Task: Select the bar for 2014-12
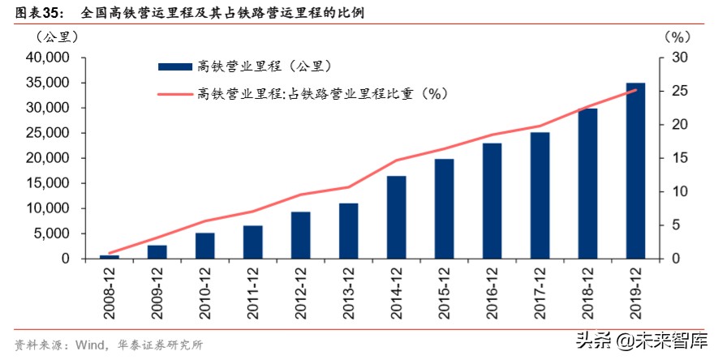click(x=397, y=217)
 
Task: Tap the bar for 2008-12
click(x=110, y=256)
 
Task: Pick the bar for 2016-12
click(x=492, y=201)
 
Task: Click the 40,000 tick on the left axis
click(x=48, y=58)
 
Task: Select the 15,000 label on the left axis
click(x=48, y=183)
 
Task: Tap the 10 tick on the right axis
click(x=673, y=191)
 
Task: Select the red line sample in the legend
click(x=174, y=94)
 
